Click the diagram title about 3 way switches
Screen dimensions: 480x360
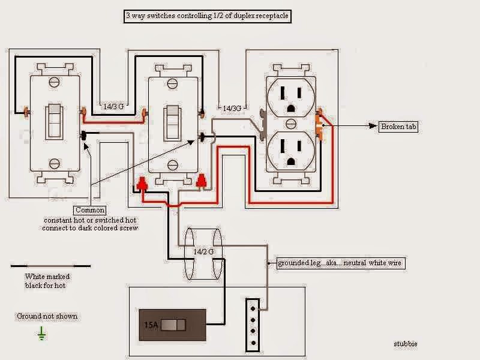pos(207,16)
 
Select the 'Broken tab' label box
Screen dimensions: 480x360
pos(398,127)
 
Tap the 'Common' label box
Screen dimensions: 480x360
pos(89,210)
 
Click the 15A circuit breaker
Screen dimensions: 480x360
pos(173,325)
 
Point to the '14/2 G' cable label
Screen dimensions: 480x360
pos(203,251)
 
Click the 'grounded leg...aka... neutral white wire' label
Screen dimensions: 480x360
pos(341,263)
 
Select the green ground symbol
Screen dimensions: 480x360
pos(41,334)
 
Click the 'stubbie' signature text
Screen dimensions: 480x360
pos(406,344)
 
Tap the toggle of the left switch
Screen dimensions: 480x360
pos(54,121)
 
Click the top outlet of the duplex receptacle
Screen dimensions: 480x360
pos(290,98)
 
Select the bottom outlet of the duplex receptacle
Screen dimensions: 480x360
pos(290,151)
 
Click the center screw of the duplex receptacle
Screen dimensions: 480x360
pos(291,124)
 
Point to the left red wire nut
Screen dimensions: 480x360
pos(142,184)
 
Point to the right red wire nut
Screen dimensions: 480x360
pos(201,181)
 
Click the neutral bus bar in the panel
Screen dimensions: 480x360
pos(253,325)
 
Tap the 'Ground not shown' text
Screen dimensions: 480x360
pos(47,316)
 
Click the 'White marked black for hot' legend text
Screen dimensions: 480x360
pos(47,281)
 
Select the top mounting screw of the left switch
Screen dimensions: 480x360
pos(55,82)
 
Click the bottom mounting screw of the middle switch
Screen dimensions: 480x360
pos(173,166)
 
